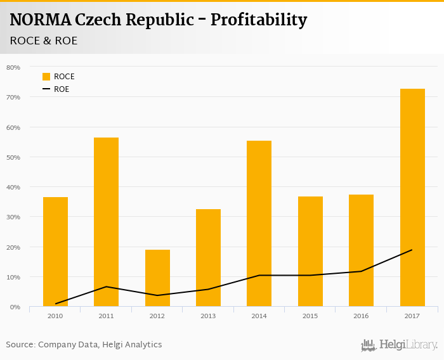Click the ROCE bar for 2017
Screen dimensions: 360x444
pyautogui.click(x=412, y=198)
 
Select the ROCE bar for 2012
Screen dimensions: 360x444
pyautogui.click(x=157, y=278)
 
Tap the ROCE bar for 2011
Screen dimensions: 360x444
pyautogui.click(x=106, y=222)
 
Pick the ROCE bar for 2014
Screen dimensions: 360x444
pyautogui.click(x=259, y=224)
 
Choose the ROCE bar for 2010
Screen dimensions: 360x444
pyautogui.click(x=55, y=252)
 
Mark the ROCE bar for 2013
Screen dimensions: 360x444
pyautogui.click(x=208, y=258)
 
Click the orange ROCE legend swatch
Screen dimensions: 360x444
pyautogui.click(x=46, y=77)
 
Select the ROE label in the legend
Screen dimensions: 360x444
pyautogui.click(x=62, y=89)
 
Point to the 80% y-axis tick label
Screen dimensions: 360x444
pyautogui.click(x=13, y=67)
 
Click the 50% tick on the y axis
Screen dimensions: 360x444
pyautogui.click(x=13, y=157)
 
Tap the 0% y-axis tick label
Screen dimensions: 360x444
pyautogui.click(x=15, y=307)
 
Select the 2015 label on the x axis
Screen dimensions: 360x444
pyautogui.click(x=310, y=315)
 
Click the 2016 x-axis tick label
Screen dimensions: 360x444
pyautogui.click(x=361, y=315)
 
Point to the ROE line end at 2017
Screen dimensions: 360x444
pyautogui.click(x=412, y=250)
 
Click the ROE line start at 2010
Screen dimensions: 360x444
pyautogui.click(x=55, y=304)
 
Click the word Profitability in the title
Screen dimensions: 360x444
pyautogui.click(x=258, y=20)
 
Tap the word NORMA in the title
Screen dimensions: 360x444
pyautogui.click(x=40, y=20)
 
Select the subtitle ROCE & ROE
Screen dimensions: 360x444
pyautogui.click(x=44, y=41)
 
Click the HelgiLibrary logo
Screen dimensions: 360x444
pyautogui.click(x=399, y=345)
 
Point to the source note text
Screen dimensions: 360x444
pyautogui.click(x=84, y=345)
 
